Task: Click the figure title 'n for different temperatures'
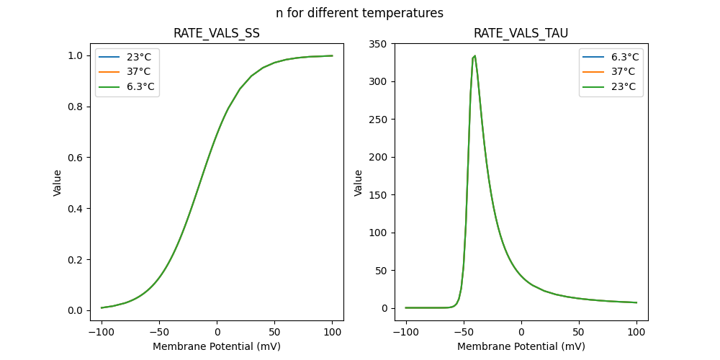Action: (x=359, y=13)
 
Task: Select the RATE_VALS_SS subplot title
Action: (x=217, y=33)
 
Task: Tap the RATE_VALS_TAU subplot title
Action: (x=521, y=33)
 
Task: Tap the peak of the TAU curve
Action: (x=474, y=55)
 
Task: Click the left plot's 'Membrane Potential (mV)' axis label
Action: (x=217, y=346)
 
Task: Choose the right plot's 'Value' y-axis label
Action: (x=358, y=182)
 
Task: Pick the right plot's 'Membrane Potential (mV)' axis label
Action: (x=521, y=346)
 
